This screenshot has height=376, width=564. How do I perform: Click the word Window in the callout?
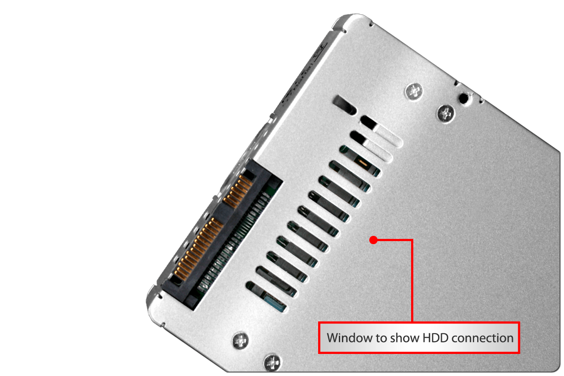(350, 338)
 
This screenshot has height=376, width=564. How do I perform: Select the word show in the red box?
(405, 338)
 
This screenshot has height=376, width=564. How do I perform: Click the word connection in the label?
(482, 338)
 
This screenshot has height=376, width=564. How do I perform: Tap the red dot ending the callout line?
(373, 240)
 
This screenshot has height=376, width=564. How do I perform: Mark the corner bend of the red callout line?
(412, 240)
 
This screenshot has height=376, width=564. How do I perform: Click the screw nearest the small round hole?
(446, 114)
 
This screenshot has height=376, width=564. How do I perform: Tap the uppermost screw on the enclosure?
(414, 91)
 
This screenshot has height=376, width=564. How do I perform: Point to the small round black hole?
(464, 98)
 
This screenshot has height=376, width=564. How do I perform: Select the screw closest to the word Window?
(272, 363)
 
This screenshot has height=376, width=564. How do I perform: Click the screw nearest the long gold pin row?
(241, 341)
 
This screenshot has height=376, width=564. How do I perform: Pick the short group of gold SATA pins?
(237, 191)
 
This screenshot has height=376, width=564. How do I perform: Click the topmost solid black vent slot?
(344, 105)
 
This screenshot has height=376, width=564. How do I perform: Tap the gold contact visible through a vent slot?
(362, 163)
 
